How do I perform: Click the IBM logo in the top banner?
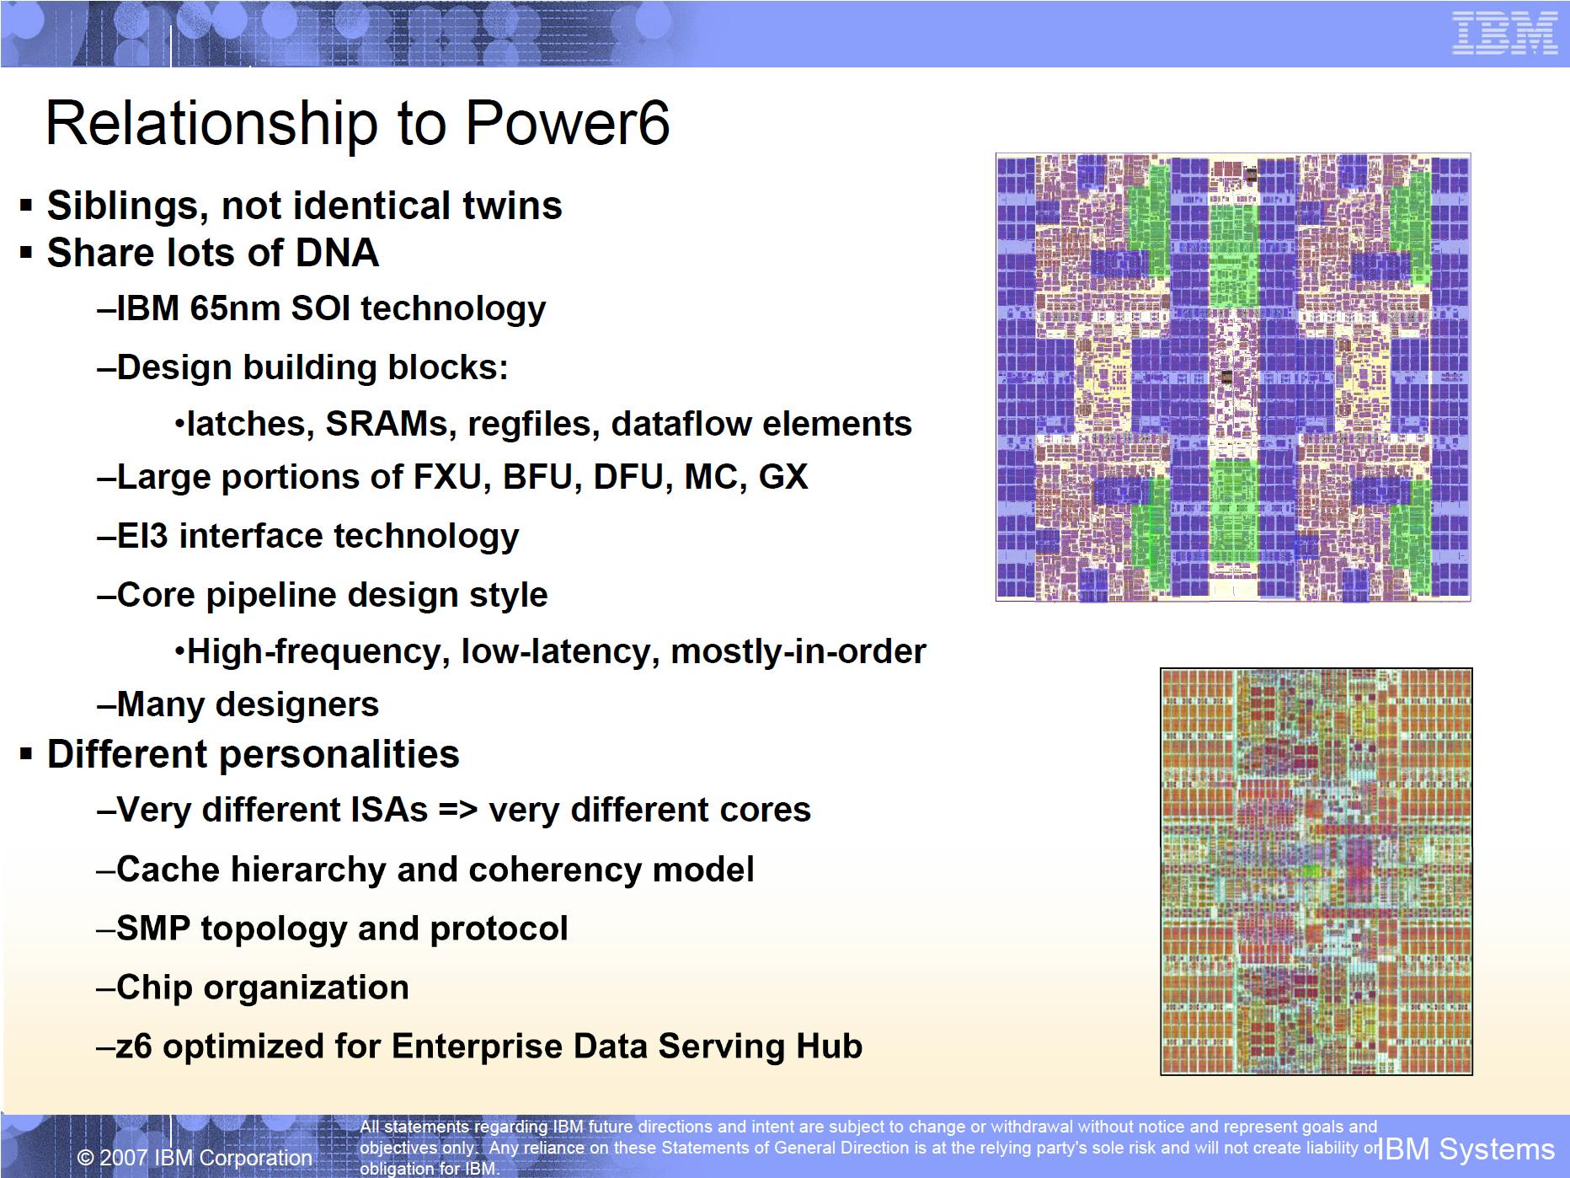tap(1504, 34)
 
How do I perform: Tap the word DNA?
tap(337, 253)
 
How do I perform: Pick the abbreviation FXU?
tap(452, 477)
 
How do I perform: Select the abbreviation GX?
tap(783, 477)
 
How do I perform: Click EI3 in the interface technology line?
tap(143, 536)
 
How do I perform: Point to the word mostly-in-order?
tap(798, 651)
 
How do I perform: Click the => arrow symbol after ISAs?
tap(458, 810)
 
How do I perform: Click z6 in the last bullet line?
tap(134, 1047)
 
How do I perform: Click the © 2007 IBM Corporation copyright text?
tap(195, 1158)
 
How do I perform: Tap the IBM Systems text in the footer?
tap(1466, 1149)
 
